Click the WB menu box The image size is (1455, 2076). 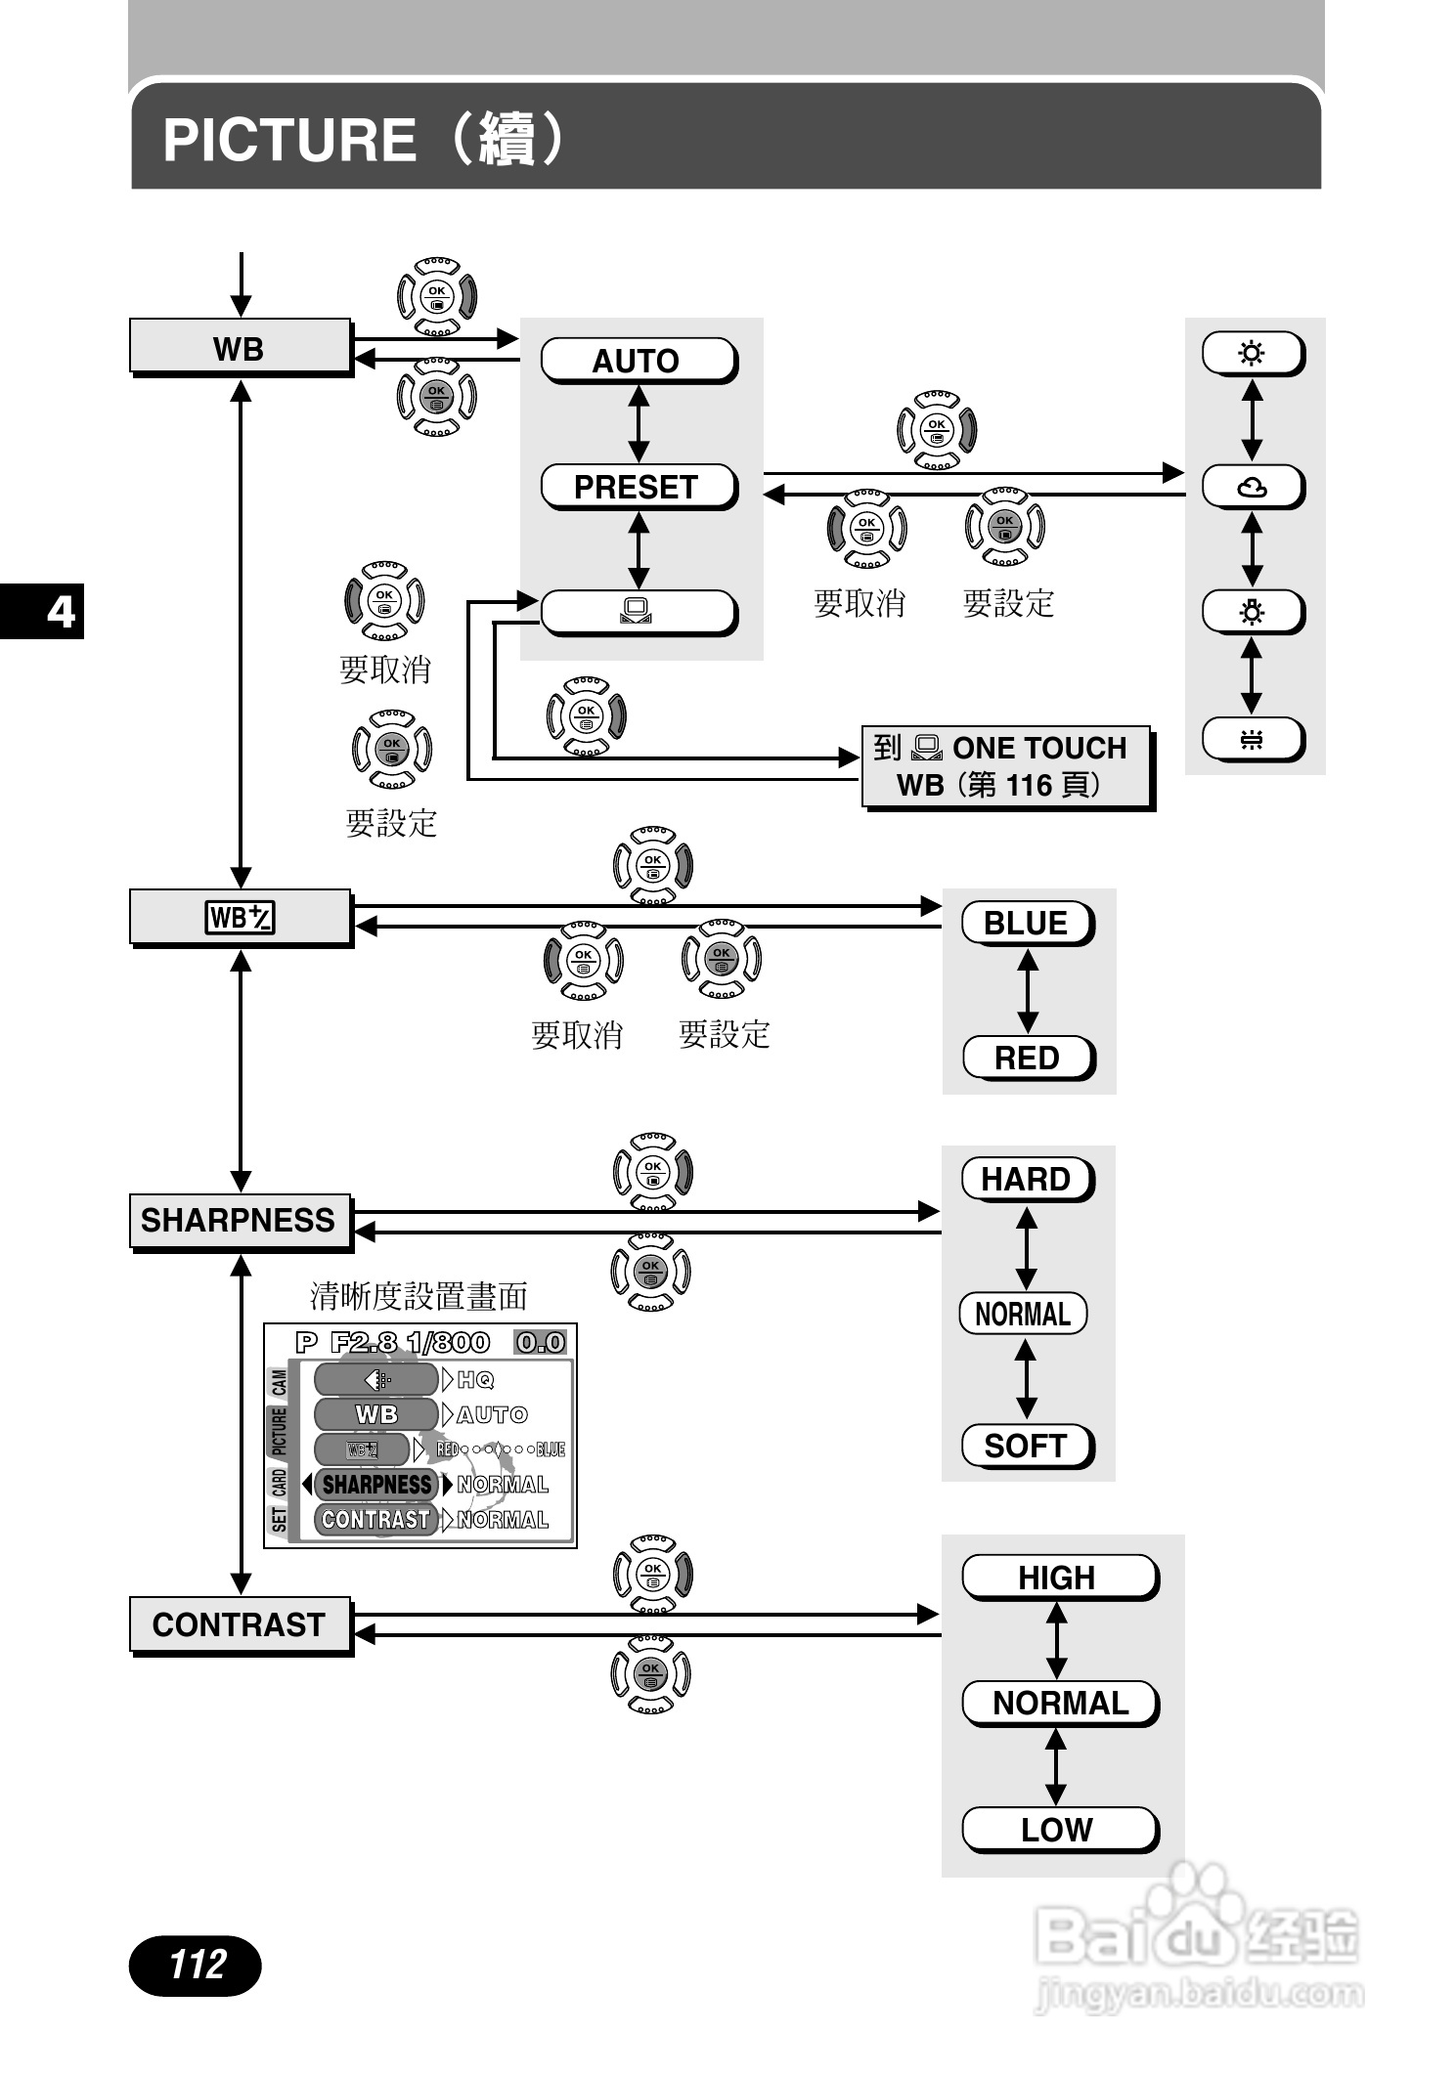pyautogui.click(x=240, y=347)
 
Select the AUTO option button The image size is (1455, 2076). pyautogui.click(x=638, y=361)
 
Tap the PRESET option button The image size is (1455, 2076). pyautogui.click(x=638, y=487)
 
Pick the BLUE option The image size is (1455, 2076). pyautogui.click(x=1027, y=924)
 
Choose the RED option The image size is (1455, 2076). pyautogui.click(x=1028, y=1058)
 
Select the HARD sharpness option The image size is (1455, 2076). pyautogui.click(x=1027, y=1180)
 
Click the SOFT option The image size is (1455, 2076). pyautogui.click(x=1026, y=1446)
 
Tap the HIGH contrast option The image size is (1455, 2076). pyautogui.click(x=1058, y=1578)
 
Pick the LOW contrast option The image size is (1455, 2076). pyautogui.click(x=1058, y=1830)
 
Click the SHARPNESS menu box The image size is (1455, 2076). pyautogui.click(x=240, y=1221)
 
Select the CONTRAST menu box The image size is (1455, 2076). pyautogui.click(x=240, y=1624)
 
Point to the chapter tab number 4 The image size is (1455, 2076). pyautogui.click(x=61, y=612)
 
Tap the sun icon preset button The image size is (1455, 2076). pyautogui.click(x=1252, y=353)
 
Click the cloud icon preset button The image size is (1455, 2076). pyautogui.click(x=1252, y=487)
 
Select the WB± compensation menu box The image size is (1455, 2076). pyautogui.click(x=240, y=918)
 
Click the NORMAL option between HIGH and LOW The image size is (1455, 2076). pyautogui.click(x=1060, y=1704)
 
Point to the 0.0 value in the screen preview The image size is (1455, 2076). pyautogui.click(x=541, y=1343)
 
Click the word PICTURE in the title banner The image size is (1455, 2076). pyautogui.click(x=289, y=139)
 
